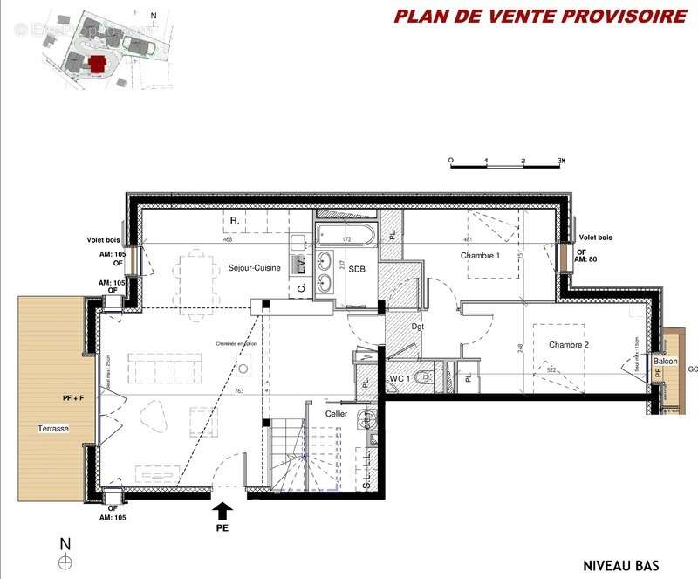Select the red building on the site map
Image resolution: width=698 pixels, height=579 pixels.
coord(98,63)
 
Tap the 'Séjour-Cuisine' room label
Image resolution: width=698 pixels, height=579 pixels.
coord(254,268)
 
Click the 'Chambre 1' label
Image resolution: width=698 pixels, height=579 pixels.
coord(480,255)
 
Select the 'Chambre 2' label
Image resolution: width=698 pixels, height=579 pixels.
coord(568,345)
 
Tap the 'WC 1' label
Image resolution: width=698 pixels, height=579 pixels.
coord(400,378)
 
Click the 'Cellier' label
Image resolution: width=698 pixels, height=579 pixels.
coord(336,413)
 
